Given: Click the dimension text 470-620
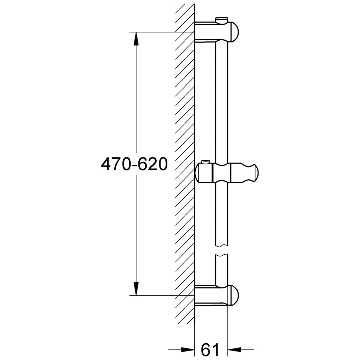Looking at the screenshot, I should [134, 165].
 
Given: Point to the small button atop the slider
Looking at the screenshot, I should [206, 162].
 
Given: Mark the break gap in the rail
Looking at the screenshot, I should [222, 251].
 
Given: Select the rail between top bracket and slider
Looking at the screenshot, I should [222, 101].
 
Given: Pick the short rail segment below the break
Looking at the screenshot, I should [222, 270].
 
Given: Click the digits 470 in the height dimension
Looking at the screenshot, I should [114, 165].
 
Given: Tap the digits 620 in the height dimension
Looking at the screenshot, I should [155, 165].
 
